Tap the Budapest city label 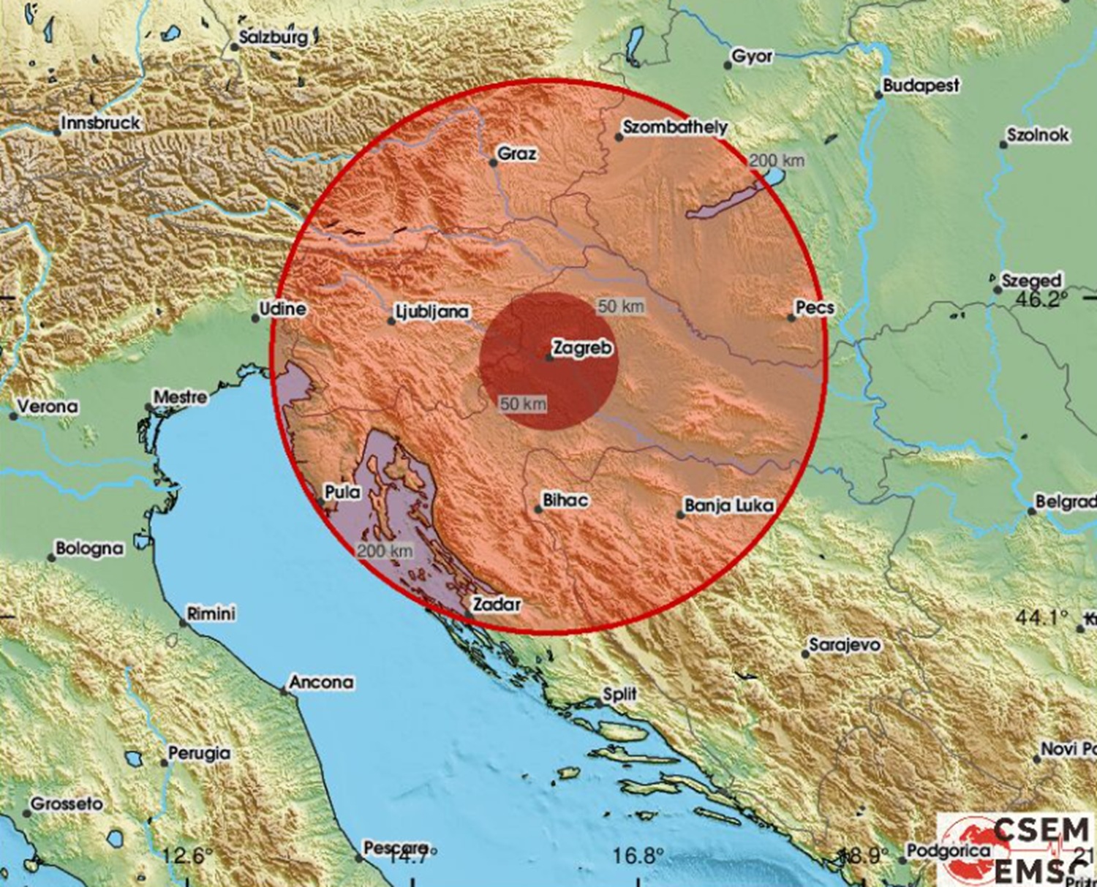point(921,86)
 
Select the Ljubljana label point(431,312)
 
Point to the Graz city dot point(494,162)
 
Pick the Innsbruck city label point(100,123)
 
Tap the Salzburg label point(274,37)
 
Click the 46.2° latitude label point(1041,298)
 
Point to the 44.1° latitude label point(1041,617)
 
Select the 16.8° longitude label point(639,855)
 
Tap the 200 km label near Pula point(385,551)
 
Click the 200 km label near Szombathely point(777,161)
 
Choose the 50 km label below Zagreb point(523,403)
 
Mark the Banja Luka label point(728,505)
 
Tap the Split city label point(619,694)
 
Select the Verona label point(47,407)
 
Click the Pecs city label point(815,308)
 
